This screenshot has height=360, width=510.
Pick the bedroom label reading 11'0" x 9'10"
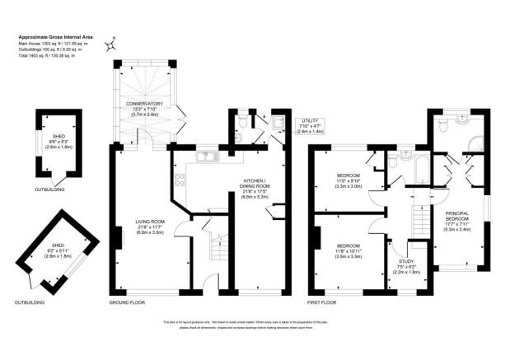click(x=349, y=181)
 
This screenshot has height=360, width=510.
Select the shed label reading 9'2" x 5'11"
click(x=58, y=250)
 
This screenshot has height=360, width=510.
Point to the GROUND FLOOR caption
click(x=128, y=303)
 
